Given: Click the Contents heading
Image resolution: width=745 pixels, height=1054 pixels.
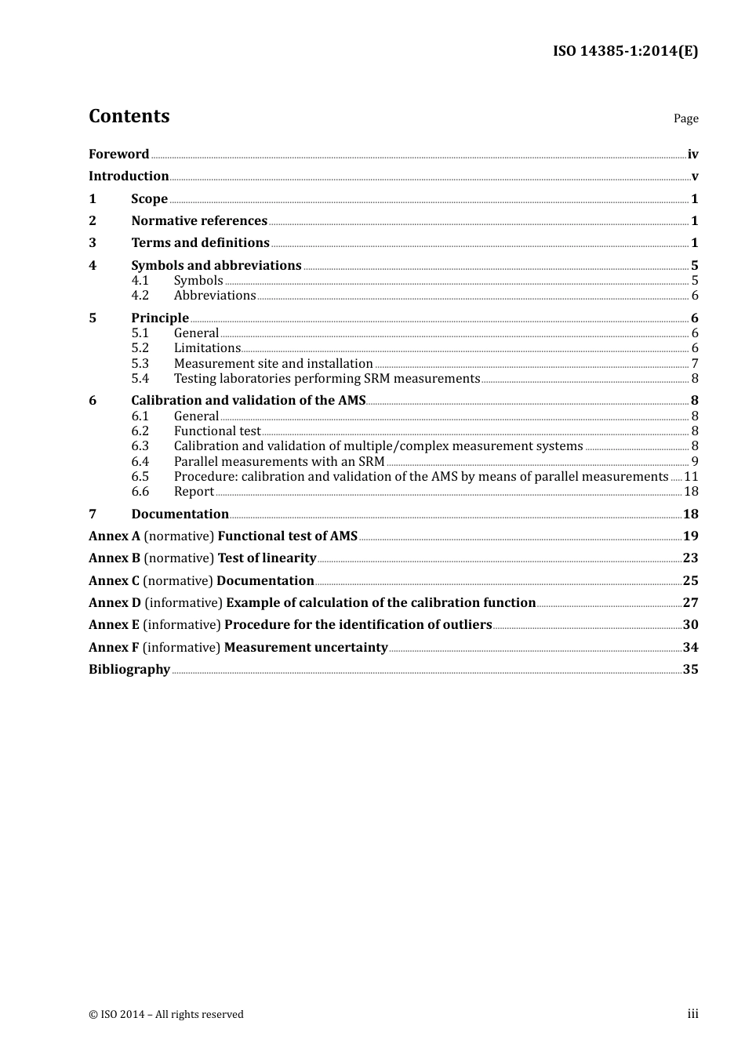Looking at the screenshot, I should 129,116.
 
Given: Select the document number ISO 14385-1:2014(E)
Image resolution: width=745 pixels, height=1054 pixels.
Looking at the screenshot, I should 625,51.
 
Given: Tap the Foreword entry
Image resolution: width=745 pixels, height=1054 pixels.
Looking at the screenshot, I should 118,154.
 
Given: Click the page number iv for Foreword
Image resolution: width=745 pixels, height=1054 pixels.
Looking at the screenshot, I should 692,154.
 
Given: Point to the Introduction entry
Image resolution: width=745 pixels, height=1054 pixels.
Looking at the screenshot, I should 129,176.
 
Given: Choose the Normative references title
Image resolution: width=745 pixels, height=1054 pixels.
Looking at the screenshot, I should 199,221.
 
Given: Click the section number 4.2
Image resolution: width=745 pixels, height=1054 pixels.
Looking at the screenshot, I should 140,296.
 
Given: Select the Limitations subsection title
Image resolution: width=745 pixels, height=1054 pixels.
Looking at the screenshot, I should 207,348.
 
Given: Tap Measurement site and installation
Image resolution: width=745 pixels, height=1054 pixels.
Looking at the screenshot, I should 273,364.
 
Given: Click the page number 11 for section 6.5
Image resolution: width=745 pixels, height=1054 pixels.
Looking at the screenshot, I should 691,477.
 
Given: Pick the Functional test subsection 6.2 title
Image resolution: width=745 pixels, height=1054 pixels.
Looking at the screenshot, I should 217,431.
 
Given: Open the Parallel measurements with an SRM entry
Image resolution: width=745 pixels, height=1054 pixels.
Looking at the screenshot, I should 279,462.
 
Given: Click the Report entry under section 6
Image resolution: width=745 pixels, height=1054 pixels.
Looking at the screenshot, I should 194,492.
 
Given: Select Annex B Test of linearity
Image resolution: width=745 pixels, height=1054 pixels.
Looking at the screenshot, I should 202,558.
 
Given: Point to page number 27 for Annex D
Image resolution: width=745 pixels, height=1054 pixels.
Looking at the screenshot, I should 690,603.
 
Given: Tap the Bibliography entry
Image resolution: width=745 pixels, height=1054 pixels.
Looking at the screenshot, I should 129,670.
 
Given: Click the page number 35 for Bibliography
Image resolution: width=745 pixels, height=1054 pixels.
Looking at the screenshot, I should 690,670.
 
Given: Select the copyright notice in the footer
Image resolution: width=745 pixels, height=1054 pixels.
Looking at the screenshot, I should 166,1015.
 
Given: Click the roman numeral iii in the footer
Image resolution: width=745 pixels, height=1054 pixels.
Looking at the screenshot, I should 692,1014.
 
